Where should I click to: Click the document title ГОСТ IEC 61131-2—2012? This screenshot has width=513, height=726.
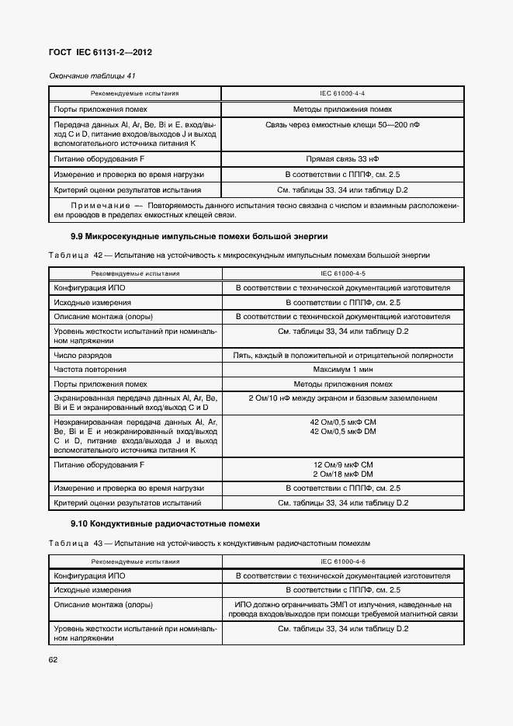pos(100,53)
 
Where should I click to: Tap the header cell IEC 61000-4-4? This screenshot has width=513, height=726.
pos(342,93)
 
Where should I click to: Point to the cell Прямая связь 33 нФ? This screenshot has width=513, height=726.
pos(342,158)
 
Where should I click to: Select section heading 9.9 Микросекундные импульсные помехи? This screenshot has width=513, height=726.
pos(199,235)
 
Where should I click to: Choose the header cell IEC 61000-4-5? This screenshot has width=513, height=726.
pos(342,273)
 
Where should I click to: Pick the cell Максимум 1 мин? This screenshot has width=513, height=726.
pos(342,370)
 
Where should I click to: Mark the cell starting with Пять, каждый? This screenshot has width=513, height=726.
pos(342,355)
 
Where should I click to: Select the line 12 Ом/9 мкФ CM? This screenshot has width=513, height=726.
pos(342,464)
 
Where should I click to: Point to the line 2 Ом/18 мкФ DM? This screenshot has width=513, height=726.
pos(342,474)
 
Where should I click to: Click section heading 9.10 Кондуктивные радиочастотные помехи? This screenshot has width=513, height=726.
pos(165,524)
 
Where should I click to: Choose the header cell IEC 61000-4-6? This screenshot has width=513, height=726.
pos(342,561)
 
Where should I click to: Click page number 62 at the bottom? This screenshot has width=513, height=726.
pos(54,659)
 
